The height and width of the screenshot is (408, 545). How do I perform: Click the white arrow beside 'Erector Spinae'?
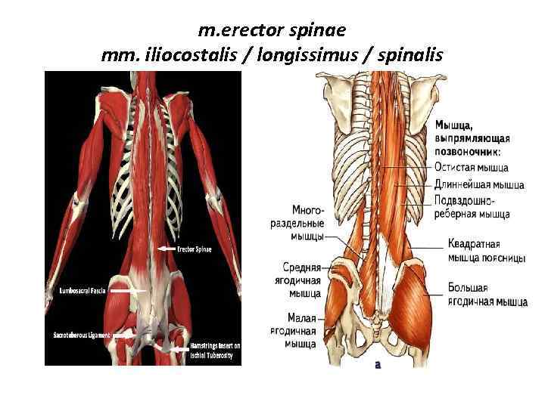(x=165, y=249)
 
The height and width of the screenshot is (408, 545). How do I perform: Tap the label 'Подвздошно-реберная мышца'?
(x=472, y=207)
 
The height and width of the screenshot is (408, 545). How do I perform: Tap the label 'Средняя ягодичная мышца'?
(x=301, y=279)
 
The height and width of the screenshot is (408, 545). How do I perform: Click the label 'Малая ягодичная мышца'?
(x=301, y=331)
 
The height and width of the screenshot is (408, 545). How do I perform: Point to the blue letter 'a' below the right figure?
(x=376, y=363)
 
